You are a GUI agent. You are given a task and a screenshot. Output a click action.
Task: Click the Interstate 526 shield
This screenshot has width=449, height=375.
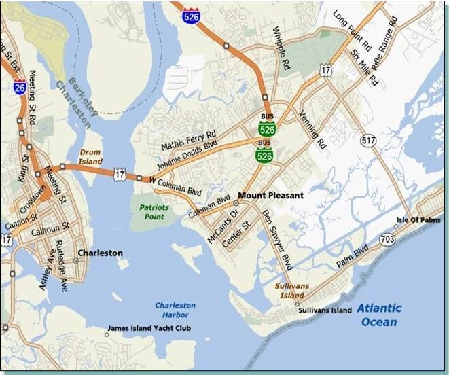pos(192,15)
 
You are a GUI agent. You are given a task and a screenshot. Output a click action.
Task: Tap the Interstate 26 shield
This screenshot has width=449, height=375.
pos(20,86)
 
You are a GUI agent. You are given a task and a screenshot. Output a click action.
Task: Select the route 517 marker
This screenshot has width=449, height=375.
pos(369,141)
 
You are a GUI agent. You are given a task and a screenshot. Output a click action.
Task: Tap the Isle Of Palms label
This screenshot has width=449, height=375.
pos(418,220)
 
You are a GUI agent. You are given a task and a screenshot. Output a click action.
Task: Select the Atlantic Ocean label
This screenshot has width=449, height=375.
pos(379,315)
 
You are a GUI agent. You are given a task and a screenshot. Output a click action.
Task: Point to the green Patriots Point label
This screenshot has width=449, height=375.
pos(154,211)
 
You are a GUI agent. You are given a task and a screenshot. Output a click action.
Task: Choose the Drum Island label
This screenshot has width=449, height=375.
pos(90,157)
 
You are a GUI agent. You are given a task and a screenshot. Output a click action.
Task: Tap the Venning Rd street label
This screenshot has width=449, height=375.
pos(313,130)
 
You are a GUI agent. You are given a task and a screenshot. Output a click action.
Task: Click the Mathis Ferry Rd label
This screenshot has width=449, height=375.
pos(188,139)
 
